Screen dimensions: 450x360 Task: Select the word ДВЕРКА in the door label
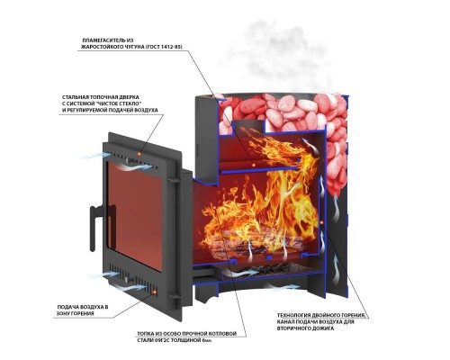coord(128,97)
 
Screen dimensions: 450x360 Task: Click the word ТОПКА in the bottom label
coord(146,334)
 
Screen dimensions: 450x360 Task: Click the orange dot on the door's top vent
coord(139,154)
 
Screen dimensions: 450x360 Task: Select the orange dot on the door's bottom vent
coord(155,292)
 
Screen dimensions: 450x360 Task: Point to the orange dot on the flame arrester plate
coord(253,165)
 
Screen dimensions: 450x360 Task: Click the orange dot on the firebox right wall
coord(321,222)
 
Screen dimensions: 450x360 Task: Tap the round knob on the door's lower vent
coord(127,280)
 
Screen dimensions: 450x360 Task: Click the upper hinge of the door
coord(175,180)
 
